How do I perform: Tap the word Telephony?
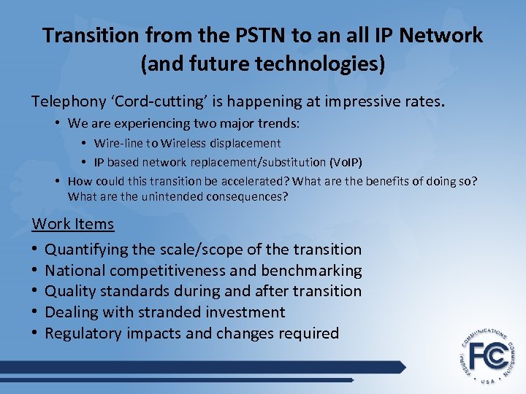coord(68,101)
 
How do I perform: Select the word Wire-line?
coord(119,143)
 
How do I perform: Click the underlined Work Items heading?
coord(73,224)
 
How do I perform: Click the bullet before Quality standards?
coord(35,291)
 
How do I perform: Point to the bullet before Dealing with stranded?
coord(35,312)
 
